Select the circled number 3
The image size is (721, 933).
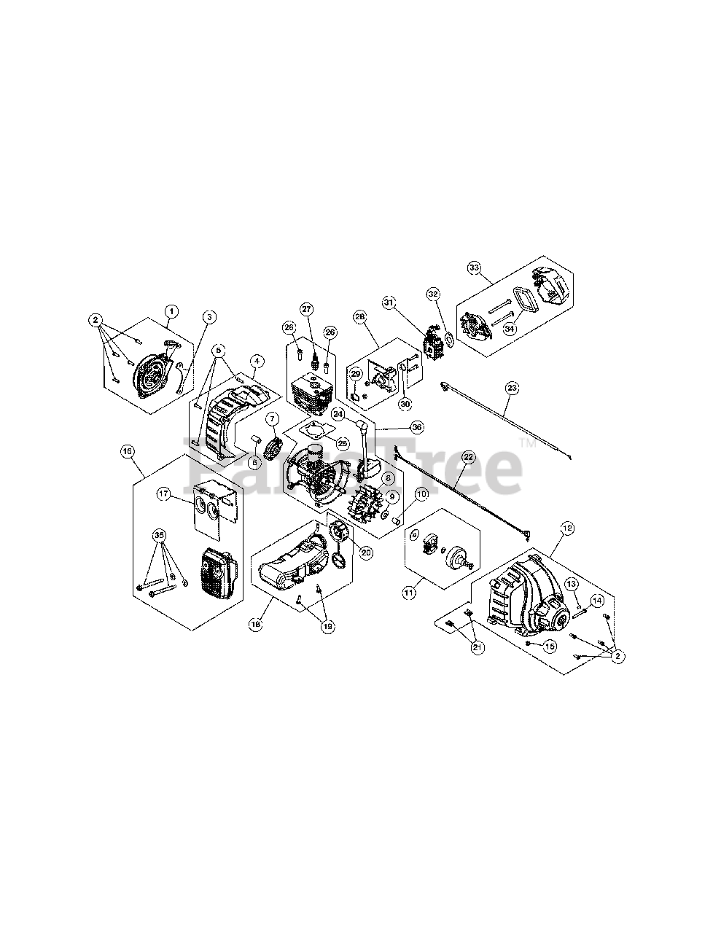[x=210, y=316]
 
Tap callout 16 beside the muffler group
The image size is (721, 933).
[x=128, y=452]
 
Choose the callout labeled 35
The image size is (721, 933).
[x=160, y=536]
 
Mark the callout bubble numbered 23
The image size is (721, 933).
[x=512, y=389]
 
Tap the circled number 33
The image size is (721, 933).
[x=475, y=268]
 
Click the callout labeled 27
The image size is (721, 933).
[x=306, y=308]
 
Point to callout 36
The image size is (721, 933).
[x=416, y=427]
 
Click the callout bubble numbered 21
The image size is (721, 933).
[x=478, y=647]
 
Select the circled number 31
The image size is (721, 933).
[x=389, y=302]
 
